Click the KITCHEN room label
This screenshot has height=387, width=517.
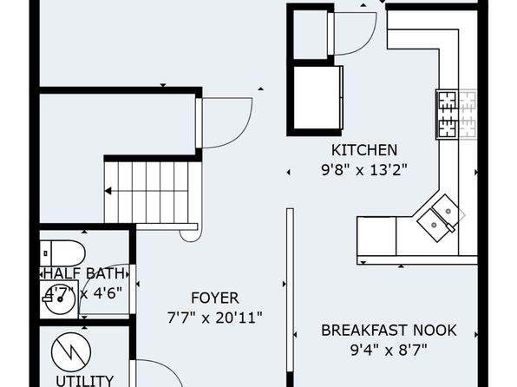(x=364, y=150)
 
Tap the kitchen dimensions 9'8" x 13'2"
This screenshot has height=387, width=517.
(x=364, y=170)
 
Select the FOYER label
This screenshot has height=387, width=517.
(x=215, y=298)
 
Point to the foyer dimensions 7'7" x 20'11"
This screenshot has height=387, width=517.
(x=215, y=318)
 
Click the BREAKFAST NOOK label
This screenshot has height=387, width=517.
(x=389, y=331)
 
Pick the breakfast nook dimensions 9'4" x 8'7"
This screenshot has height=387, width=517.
(x=389, y=351)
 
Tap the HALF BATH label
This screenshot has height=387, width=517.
(x=84, y=273)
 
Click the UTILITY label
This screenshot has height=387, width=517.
(x=85, y=381)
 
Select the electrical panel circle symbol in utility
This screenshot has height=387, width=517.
(x=71, y=352)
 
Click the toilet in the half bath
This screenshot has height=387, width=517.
(x=62, y=253)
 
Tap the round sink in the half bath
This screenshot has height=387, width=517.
(x=60, y=298)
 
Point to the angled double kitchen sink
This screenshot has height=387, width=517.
(x=441, y=218)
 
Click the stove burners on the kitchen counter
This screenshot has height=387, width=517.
(x=457, y=115)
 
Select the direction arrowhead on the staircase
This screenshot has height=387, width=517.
(x=108, y=191)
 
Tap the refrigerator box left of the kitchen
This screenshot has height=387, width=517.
(x=317, y=98)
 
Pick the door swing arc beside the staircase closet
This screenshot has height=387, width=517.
(x=242, y=133)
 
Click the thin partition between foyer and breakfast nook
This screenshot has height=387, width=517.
(x=290, y=291)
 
